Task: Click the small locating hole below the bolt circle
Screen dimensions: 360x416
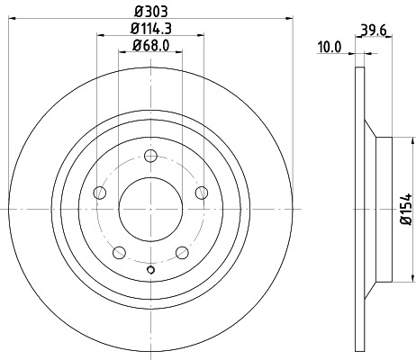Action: [x=150, y=269]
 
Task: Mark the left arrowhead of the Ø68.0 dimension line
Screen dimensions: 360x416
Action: [x=122, y=53]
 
